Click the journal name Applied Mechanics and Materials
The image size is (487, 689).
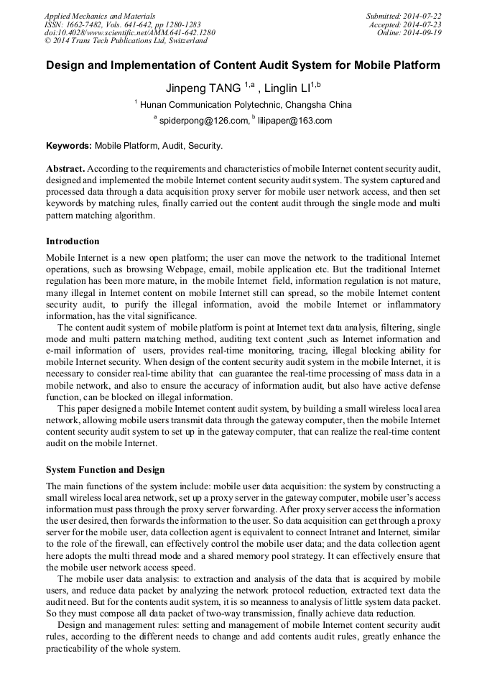(99, 15)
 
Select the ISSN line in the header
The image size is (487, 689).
(122, 24)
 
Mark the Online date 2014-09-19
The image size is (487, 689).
(408, 32)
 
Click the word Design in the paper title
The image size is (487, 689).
(67, 65)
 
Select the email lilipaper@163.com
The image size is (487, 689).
(294, 121)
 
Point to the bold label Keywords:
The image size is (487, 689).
(69, 145)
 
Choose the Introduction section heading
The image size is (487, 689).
(73, 241)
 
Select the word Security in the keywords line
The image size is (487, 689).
(205, 145)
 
